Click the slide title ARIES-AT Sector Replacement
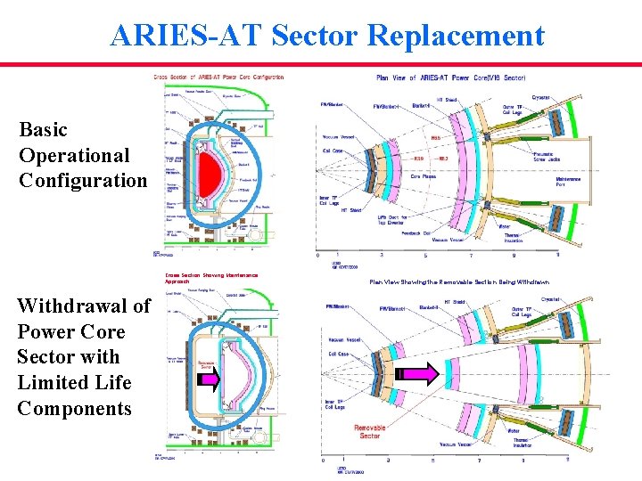click(326, 35)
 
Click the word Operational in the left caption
click(74, 155)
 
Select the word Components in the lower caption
click(74, 408)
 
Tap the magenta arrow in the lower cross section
click(208, 380)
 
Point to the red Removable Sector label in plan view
click(369, 432)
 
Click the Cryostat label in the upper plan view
click(540, 97)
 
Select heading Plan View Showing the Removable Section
click(459, 281)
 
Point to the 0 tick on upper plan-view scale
click(319, 255)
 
